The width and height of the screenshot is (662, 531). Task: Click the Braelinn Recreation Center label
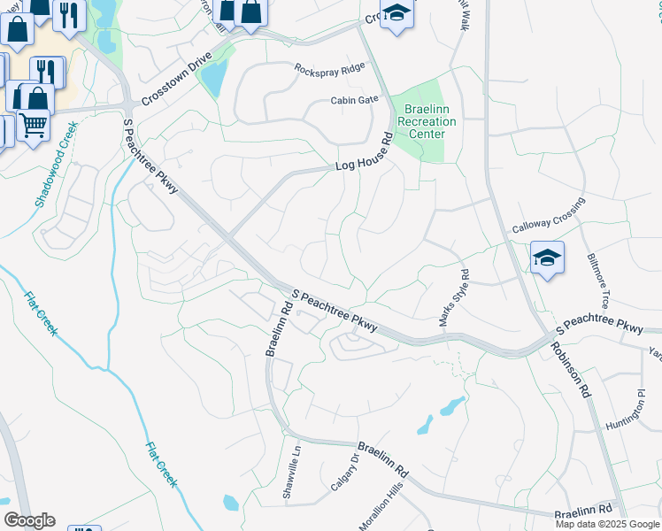[426, 121]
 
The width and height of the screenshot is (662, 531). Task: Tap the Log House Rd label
[364, 159]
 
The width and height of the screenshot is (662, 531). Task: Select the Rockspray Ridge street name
[329, 69]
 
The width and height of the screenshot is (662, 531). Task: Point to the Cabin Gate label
[355, 101]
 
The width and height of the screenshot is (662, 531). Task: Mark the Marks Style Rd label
[454, 298]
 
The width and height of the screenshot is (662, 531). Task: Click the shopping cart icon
[34, 126]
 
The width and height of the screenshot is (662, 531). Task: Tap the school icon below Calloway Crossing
[548, 258]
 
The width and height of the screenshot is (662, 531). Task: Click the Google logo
[29, 520]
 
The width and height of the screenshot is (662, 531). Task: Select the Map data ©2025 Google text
[607, 524]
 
